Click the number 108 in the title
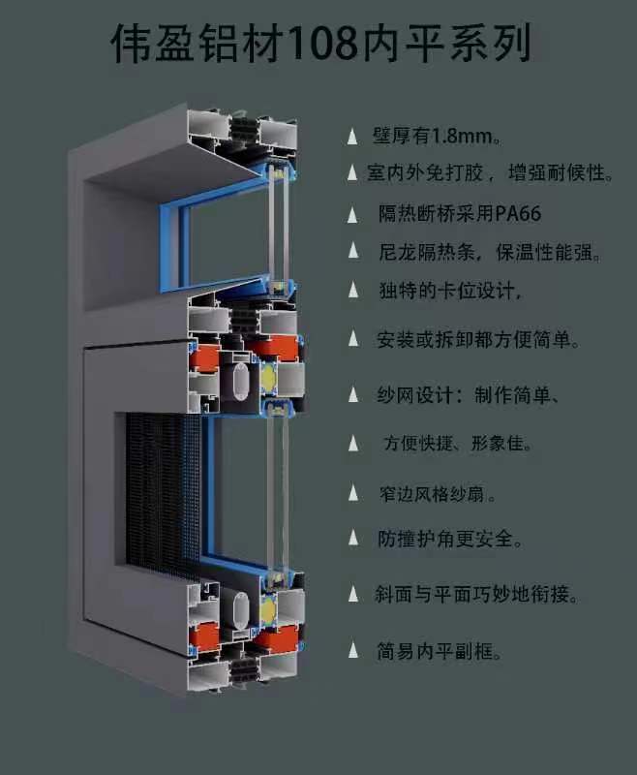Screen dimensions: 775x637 click(x=319, y=44)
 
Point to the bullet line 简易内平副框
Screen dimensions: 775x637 click(x=439, y=650)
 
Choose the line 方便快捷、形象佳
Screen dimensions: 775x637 click(x=456, y=445)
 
